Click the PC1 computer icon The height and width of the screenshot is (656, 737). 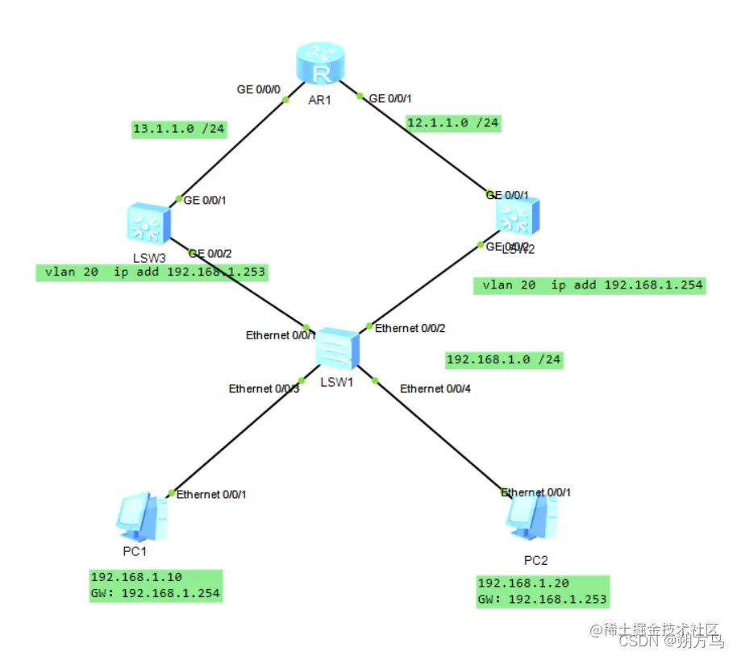pos(141,517)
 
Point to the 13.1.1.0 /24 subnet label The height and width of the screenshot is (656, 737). pos(179,129)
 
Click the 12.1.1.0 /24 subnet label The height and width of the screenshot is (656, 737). pos(453,122)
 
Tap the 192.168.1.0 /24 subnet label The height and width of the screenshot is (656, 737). pos(504,359)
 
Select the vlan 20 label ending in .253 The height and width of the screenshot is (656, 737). pos(152,272)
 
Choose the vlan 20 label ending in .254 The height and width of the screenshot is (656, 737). pos(589,285)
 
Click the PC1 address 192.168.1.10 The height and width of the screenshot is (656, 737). pos(137,578)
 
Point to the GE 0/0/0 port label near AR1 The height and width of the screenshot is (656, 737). pos(258,89)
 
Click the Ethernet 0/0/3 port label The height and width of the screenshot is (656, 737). pos(264,388)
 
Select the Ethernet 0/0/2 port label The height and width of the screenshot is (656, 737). pos(410,328)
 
